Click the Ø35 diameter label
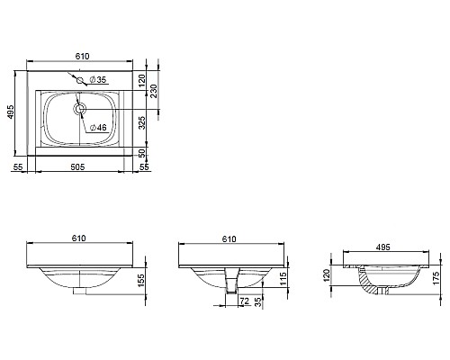98,80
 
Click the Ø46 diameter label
98,128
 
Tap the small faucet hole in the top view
80,80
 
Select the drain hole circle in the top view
80,109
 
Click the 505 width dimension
77,166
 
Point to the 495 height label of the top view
11,112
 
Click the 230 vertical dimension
154,91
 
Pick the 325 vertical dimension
142,122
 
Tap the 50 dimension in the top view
142,153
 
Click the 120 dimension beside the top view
142,80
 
